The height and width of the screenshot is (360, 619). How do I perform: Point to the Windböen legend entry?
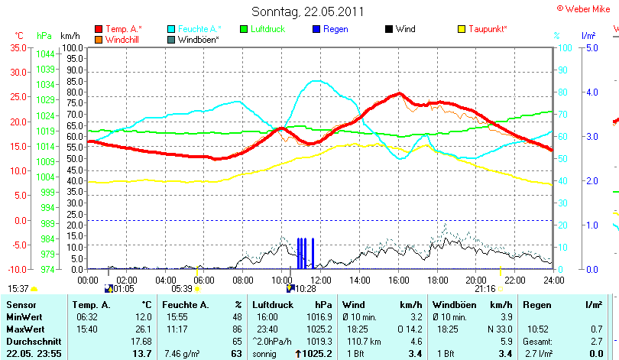point(198,39)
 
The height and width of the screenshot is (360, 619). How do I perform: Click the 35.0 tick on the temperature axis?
point(18,47)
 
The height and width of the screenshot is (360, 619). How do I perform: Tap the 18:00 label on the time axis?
point(436,281)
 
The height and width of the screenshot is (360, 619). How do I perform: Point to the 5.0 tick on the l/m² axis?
point(591,47)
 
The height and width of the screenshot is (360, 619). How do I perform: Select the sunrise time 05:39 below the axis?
point(182,289)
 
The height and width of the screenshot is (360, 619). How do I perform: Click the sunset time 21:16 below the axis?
point(485,289)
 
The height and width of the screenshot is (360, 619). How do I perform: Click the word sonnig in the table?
point(264,354)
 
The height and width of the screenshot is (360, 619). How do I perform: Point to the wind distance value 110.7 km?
point(363,340)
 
